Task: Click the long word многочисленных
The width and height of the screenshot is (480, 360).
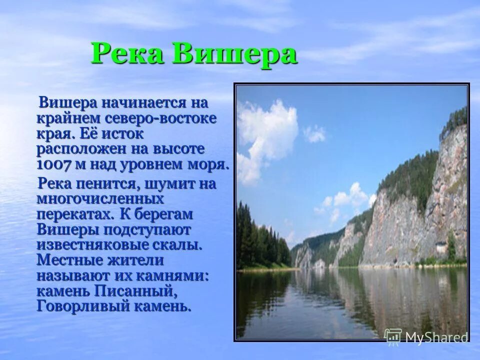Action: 100,199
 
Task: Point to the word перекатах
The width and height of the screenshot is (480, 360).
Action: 75,214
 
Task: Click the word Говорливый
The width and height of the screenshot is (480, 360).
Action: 82,305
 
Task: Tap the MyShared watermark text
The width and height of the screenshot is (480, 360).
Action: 435,337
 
